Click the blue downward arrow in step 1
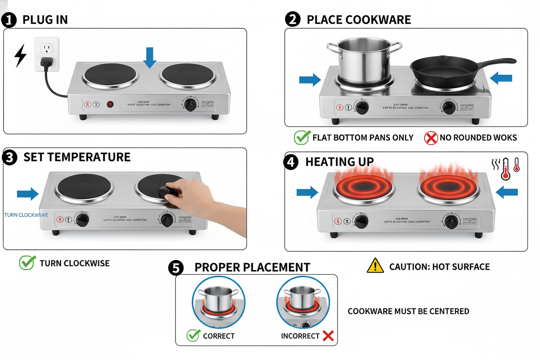150,58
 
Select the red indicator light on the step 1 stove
110,104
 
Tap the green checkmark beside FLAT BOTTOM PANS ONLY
301,138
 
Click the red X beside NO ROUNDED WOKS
431,138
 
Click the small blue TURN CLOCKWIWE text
26,215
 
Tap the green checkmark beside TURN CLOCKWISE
27,263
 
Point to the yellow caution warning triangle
375,266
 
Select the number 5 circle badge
176,268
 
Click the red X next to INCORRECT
328,336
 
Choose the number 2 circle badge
292,19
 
